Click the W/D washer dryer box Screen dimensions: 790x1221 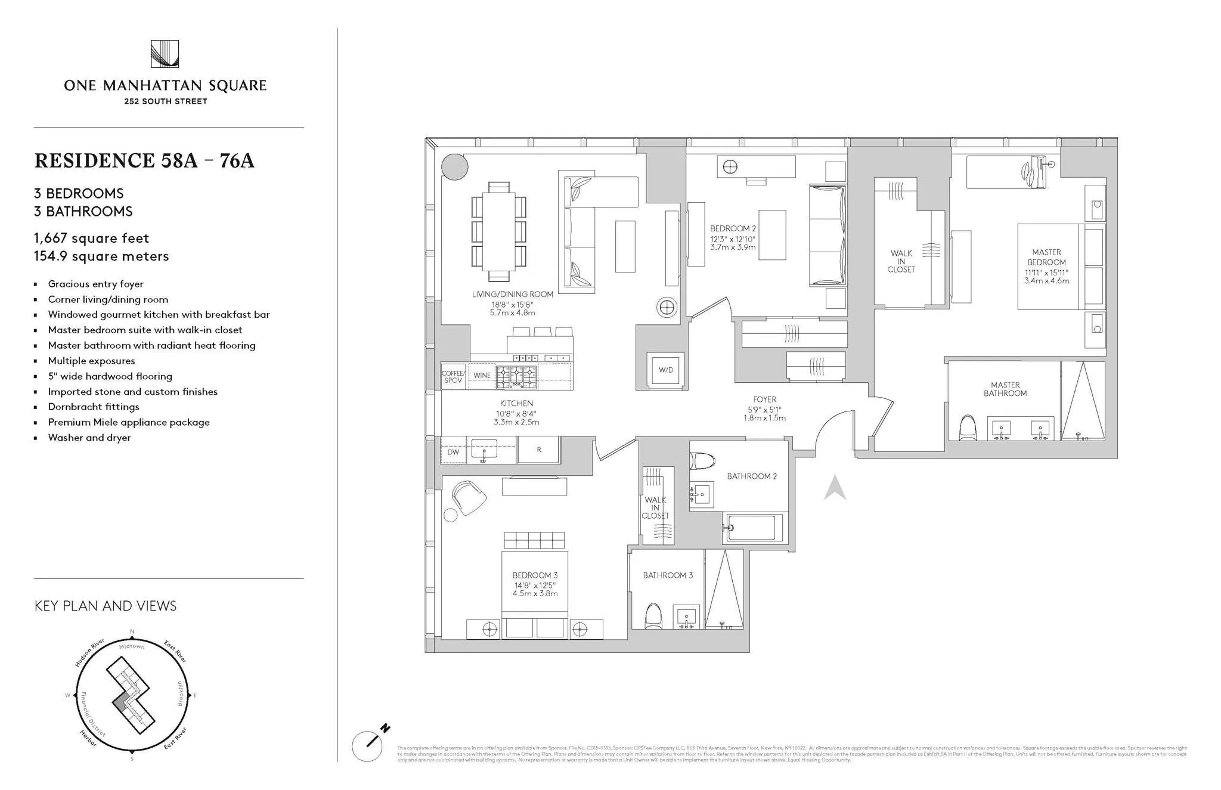(x=665, y=370)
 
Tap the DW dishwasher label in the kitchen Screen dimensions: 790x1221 (x=453, y=452)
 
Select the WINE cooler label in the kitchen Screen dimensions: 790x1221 (x=482, y=376)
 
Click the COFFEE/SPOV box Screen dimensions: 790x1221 (x=453, y=377)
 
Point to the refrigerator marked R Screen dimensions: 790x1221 (x=539, y=450)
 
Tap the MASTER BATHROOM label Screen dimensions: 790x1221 (x=1005, y=389)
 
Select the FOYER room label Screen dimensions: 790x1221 (x=764, y=399)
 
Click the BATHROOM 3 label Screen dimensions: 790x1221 (x=668, y=575)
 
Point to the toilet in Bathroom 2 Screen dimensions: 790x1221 (x=702, y=461)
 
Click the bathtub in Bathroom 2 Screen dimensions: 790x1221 (x=752, y=528)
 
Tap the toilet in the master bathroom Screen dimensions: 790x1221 (x=968, y=427)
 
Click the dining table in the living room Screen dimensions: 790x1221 (x=498, y=231)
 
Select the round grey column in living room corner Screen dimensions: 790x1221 (x=455, y=166)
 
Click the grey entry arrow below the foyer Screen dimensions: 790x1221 (x=835, y=488)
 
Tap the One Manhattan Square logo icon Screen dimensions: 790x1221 (x=165, y=54)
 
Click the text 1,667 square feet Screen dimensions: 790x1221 (x=91, y=238)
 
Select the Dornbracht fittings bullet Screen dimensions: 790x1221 (x=94, y=407)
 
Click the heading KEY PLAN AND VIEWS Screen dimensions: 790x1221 (x=106, y=606)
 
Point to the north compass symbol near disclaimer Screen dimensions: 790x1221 (x=370, y=743)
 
